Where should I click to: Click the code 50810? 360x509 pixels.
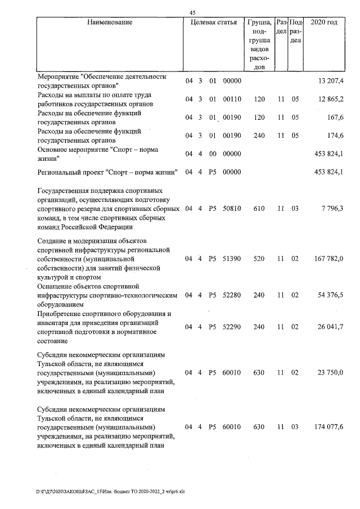pos(232,209)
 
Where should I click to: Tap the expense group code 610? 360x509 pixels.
pos(259,209)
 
